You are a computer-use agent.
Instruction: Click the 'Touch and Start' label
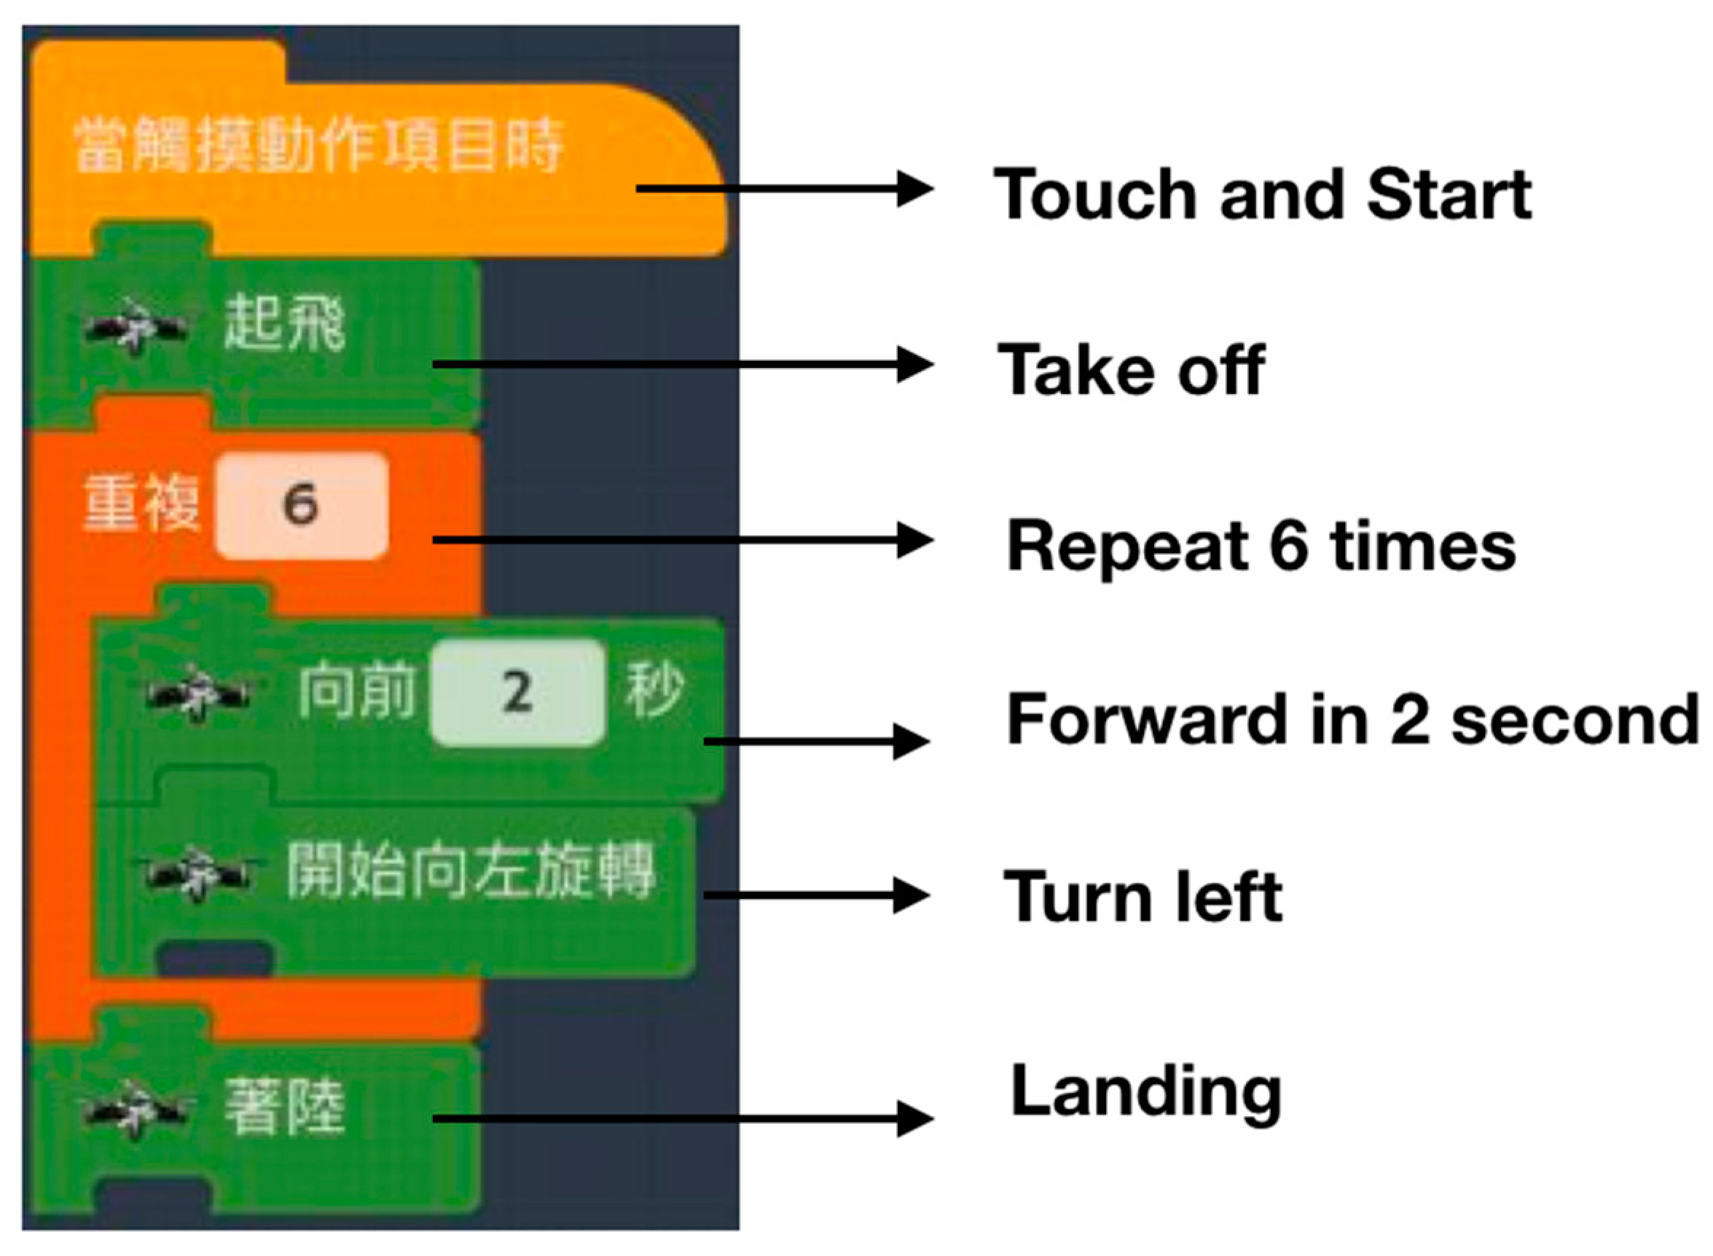click(1262, 195)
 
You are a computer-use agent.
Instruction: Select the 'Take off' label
click(1131, 369)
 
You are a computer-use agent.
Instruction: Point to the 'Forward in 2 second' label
click(1352, 719)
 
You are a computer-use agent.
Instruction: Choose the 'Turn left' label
click(1142, 897)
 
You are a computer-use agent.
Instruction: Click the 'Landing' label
click(1146, 1094)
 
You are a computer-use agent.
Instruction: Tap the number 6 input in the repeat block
click(301, 505)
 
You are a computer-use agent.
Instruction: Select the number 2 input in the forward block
click(518, 692)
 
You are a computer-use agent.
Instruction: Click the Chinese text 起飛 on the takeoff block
click(284, 323)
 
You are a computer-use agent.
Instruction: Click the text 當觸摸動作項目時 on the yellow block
click(318, 144)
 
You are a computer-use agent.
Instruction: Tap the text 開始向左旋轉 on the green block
click(470, 871)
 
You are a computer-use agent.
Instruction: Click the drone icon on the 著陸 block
click(136, 1111)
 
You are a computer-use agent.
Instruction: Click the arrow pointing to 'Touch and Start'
click(785, 188)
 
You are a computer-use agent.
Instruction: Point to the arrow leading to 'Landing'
click(683, 1118)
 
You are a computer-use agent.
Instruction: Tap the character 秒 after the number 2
click(654, 690)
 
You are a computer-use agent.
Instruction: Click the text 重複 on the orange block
click(141, 503)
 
